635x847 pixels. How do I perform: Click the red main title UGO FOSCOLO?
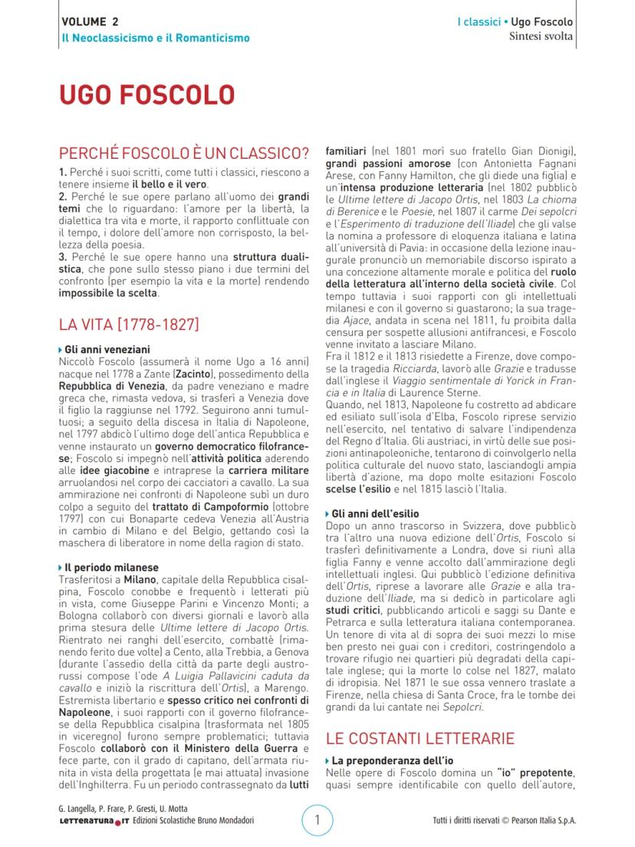click(146, 95)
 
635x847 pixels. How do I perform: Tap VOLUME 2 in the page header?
click(90, 21)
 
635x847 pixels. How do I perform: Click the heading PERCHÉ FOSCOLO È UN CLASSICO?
click(184, 152)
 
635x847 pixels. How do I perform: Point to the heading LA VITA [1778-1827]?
click(129, 324)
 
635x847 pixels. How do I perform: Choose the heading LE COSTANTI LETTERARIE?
click(419, 739)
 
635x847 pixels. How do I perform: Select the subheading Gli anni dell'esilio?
click(376, 513)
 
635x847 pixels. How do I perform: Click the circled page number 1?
click(317, 820)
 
